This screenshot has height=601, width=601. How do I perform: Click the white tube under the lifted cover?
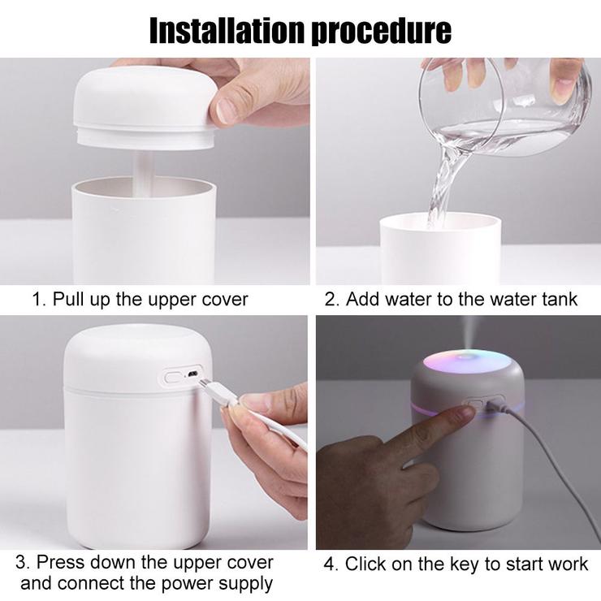144,171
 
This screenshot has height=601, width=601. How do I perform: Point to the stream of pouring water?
447,180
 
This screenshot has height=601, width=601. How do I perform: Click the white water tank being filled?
440,249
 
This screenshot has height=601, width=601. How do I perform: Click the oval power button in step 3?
174,377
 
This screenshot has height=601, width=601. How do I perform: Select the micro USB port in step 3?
192,374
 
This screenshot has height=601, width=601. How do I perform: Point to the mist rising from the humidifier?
470,332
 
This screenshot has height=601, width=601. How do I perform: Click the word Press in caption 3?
61,563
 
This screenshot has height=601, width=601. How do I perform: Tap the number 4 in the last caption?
329,564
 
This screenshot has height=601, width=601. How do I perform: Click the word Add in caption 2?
363,299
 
